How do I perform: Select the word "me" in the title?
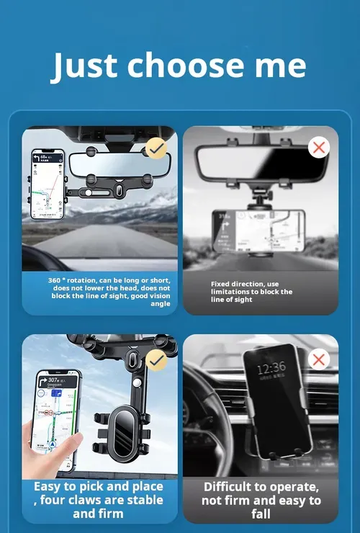280,66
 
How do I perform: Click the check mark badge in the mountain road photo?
157,148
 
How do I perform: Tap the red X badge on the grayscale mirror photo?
318,148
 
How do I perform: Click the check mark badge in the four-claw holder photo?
156,359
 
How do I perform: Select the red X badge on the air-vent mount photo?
318,359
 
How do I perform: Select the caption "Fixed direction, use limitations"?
252,292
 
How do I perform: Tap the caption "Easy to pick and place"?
99,500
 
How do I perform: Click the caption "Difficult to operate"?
261,500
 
